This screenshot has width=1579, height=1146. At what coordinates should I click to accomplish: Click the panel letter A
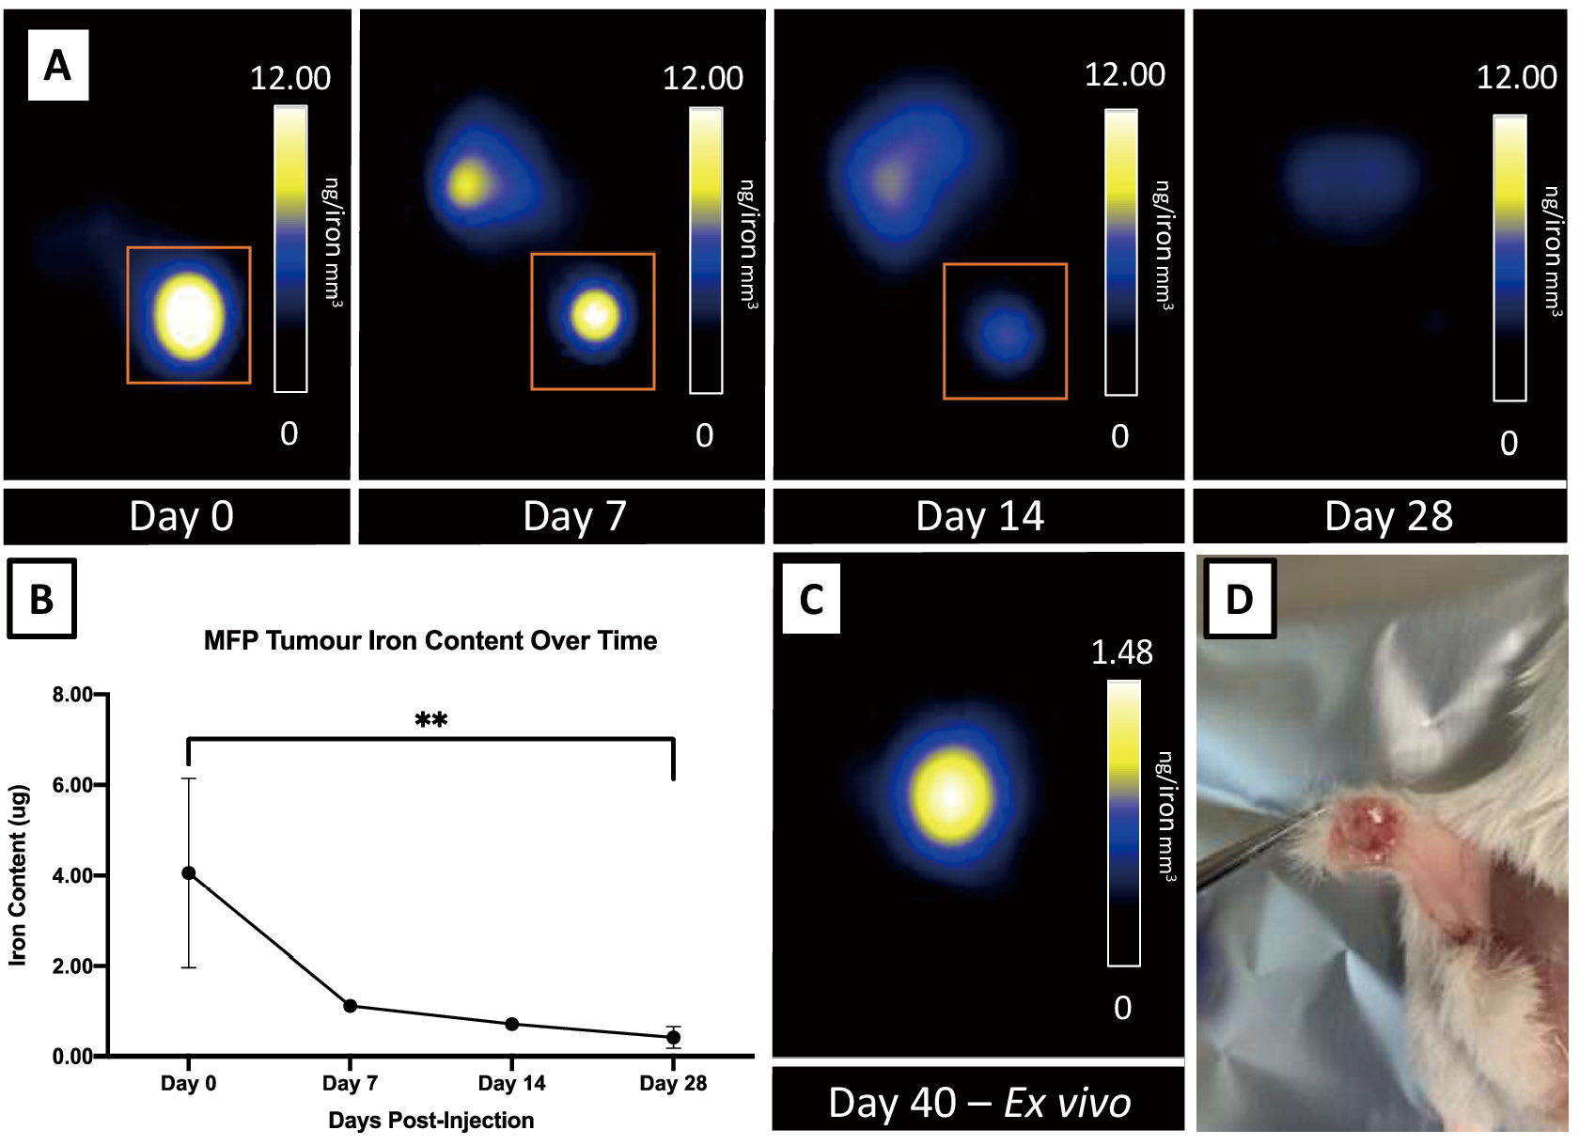click(57, 66)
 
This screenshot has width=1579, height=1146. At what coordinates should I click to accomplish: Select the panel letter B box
click(41, 599)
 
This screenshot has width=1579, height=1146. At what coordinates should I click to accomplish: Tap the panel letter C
click(811, 599)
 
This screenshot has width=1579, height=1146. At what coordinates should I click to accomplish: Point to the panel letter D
click(1239, 599)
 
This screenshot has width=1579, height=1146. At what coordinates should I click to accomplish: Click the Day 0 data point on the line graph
click(189, 873)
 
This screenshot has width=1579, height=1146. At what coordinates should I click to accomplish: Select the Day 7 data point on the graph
click(351, 1006)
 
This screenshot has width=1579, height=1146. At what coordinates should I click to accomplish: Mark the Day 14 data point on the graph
click(512, 1024)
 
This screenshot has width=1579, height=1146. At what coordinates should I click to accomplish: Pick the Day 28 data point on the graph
click(673, 1038)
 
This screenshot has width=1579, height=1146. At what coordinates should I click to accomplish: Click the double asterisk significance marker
click(430, 721)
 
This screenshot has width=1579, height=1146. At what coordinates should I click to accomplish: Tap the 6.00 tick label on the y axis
click(72, 785)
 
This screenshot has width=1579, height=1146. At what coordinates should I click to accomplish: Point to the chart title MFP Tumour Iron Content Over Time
click(430, 641)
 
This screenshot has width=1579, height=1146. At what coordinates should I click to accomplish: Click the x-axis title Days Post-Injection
click(430, 1121)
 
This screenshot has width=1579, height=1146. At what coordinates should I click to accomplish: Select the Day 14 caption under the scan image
click(979, 516)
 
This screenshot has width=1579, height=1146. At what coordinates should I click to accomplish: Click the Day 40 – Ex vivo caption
click(979, 1103)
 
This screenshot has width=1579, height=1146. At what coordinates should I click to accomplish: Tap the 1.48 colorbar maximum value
click(1121, 652)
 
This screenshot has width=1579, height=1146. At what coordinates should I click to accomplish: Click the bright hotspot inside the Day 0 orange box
click(189, 316)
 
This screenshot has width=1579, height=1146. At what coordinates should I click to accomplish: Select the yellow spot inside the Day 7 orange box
click(595, 315)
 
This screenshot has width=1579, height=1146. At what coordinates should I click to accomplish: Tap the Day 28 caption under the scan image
click(1388, 516)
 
